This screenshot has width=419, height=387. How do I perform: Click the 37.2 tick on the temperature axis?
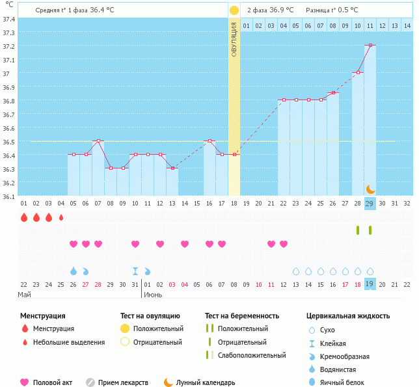pyautogui.click(x=9, y=46)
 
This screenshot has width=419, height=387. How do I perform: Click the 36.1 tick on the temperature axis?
pyautogui.click(x=9, y=196)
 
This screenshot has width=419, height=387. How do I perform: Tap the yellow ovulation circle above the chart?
pyautogui.click(x=234, y=10)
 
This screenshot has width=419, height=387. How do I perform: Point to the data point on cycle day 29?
pyautogui.click(x=370, y=46)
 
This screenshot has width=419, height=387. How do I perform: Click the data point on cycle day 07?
pyautogui.click(x=98, y=140)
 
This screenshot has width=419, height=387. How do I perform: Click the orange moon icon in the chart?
pyautogui.click(x=370, y=189)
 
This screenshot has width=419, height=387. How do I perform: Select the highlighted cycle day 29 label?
pyautogui.click(x=370, y=204)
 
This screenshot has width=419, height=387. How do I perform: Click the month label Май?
pyautogui.click(x=25, y=295)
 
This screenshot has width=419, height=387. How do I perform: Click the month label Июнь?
pyautogui.click(x=153, y=295)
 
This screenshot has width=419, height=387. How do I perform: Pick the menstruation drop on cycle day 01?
pyautogui.click(x=24, y=217)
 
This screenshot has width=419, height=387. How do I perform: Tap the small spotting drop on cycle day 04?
pyautogui.click(x=61, y=217)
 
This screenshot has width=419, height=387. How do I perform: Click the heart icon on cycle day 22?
pyautogui.click(x=271, y=244)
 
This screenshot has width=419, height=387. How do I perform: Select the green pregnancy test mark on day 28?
pyautogui.click(x=358, y=230)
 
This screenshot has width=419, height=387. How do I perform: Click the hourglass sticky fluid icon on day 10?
pyautogui.click(x=135, y=271)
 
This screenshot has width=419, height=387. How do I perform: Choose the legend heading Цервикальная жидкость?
pyautogui.click(x=348, y=315)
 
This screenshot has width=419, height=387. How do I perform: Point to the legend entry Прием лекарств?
pyautogui.click(x=123, y=382)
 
